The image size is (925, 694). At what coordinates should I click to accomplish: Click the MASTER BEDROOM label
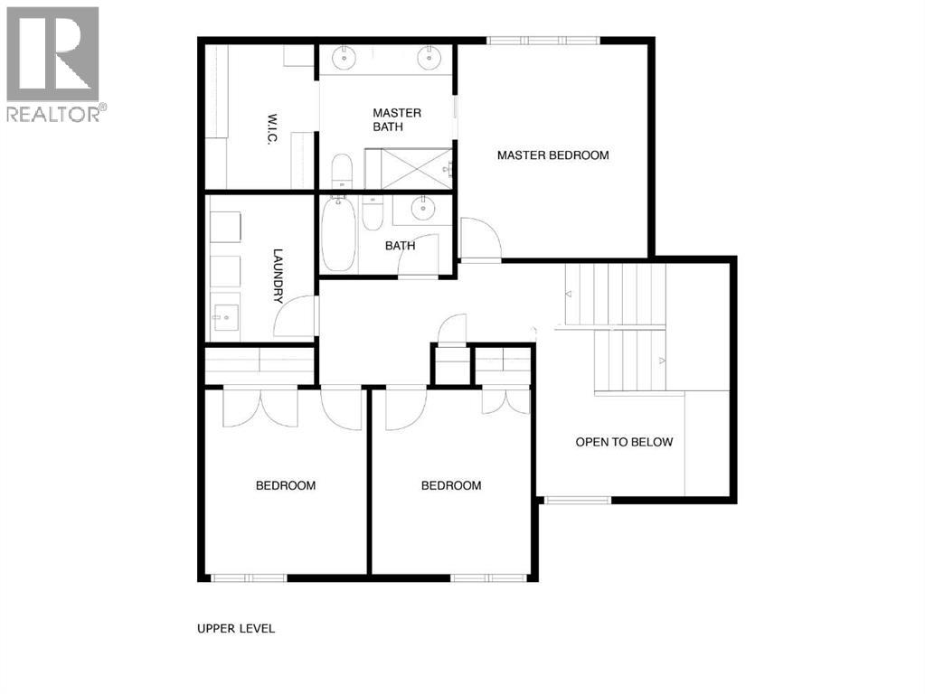coord(552,155)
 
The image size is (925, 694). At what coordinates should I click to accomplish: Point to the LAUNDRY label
coord(278,276)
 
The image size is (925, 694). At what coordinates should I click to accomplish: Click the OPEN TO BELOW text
coord(624,442)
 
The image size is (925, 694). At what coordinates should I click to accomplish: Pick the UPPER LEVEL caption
coord(236,629)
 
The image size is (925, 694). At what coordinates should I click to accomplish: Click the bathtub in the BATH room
coord(338,232)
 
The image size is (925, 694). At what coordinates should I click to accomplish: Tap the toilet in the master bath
coord(342,172)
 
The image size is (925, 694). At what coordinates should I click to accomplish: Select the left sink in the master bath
coord(345,58)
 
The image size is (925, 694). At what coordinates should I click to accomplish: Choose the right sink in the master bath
coord(429,58)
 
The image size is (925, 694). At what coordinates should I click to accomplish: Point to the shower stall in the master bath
coord(407,169)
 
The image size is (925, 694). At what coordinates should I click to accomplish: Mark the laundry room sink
coord(224,315)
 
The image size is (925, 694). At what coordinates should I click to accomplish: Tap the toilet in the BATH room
coord(373,213)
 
